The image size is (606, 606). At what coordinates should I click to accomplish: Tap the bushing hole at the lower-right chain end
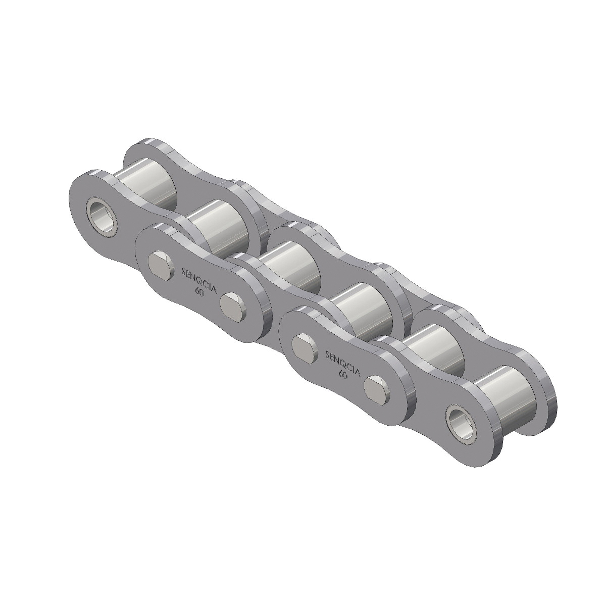point(461,419)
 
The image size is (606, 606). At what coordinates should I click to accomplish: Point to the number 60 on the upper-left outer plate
point(199,292)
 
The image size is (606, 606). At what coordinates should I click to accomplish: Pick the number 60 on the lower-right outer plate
point(342,374)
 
